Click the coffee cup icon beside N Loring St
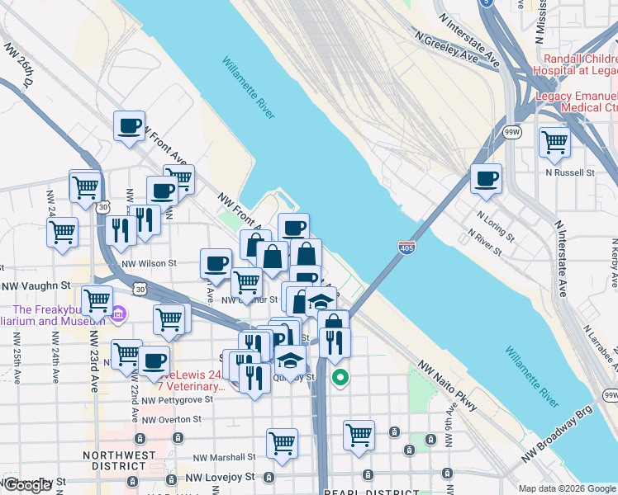[x=486, y=178]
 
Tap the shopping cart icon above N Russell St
[x=554, y=142]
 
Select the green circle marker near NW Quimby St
[x=340, y=379]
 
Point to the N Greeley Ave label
[x=447, y=49]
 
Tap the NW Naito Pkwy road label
[x=447, y=385]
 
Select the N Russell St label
[x=570, y=172]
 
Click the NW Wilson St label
[x=149, y=263]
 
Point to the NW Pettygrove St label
[x=177, y=399]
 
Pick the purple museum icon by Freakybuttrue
[x=117, y=313]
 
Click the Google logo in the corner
[x=27, y=485]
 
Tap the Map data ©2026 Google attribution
[x=567, y=488]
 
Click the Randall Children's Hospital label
[x=578, y=64]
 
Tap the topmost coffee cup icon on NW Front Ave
[x=129, y=126]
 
